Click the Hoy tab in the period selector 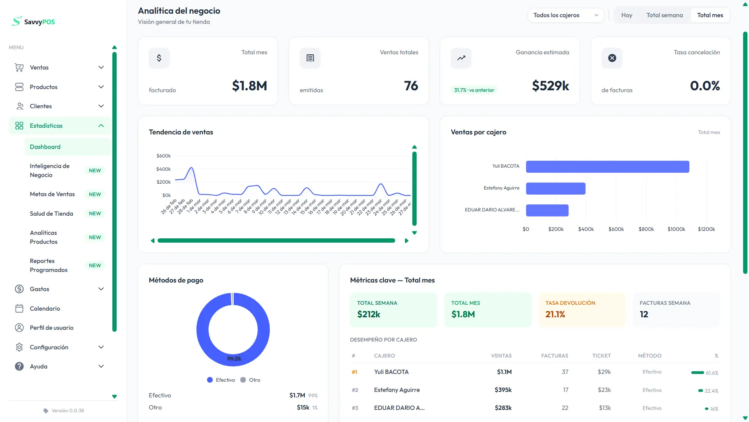click(627, 15)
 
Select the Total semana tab click(664, 15)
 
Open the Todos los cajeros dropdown click(565, 15)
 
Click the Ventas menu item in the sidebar click(39, 68)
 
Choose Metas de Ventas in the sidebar click(52, 194)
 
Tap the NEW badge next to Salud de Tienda click(95, 214)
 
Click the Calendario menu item click(45, 309)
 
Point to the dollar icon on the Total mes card click(159, 58)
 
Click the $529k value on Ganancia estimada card click(550, 86)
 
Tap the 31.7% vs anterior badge click(474, 90)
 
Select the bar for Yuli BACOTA click(607, 167)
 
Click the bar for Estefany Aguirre click(556, 189)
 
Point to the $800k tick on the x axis click(646, 229)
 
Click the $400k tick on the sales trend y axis click(163, 169)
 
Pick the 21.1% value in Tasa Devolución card click(555, 315)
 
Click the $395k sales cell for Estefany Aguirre click(503, 390)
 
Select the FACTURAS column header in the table click(554, 356)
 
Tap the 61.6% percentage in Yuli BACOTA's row click(712, 373)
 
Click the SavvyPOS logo click(34, 21)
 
